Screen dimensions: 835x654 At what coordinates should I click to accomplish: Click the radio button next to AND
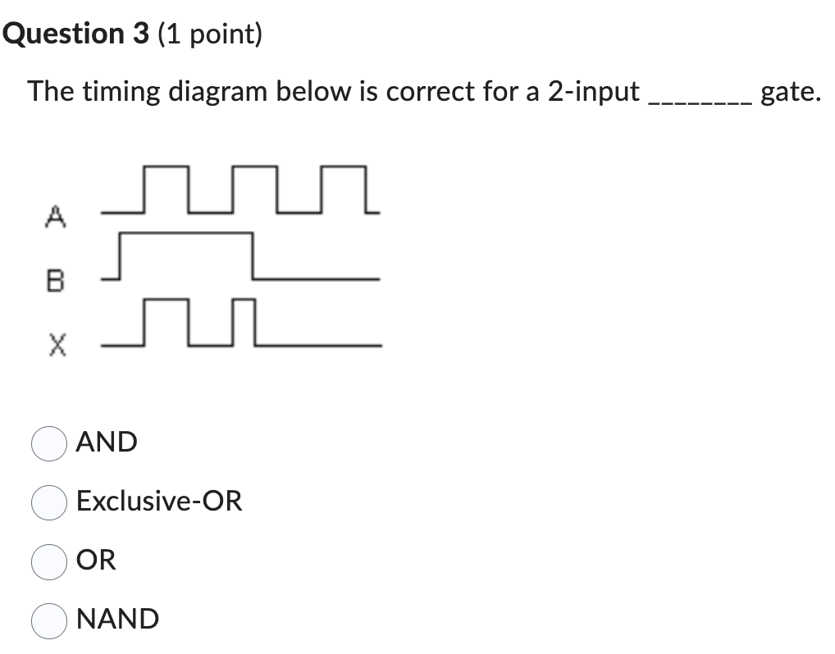tap(48, 443)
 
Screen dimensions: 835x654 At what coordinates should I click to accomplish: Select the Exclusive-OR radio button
tap(48, 502)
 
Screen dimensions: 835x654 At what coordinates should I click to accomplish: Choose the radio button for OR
tap(48, 561)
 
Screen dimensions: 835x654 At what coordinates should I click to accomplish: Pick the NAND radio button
tap(48, 620)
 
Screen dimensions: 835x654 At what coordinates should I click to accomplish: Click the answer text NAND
tap(117, 619)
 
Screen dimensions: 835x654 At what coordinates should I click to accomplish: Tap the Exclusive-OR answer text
tap(159, 501)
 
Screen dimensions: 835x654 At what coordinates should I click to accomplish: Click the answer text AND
tap(107, 443)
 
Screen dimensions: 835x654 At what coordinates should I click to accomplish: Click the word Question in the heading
tap(59, 34)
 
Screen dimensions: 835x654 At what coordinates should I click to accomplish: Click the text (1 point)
tap(210, 35)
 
